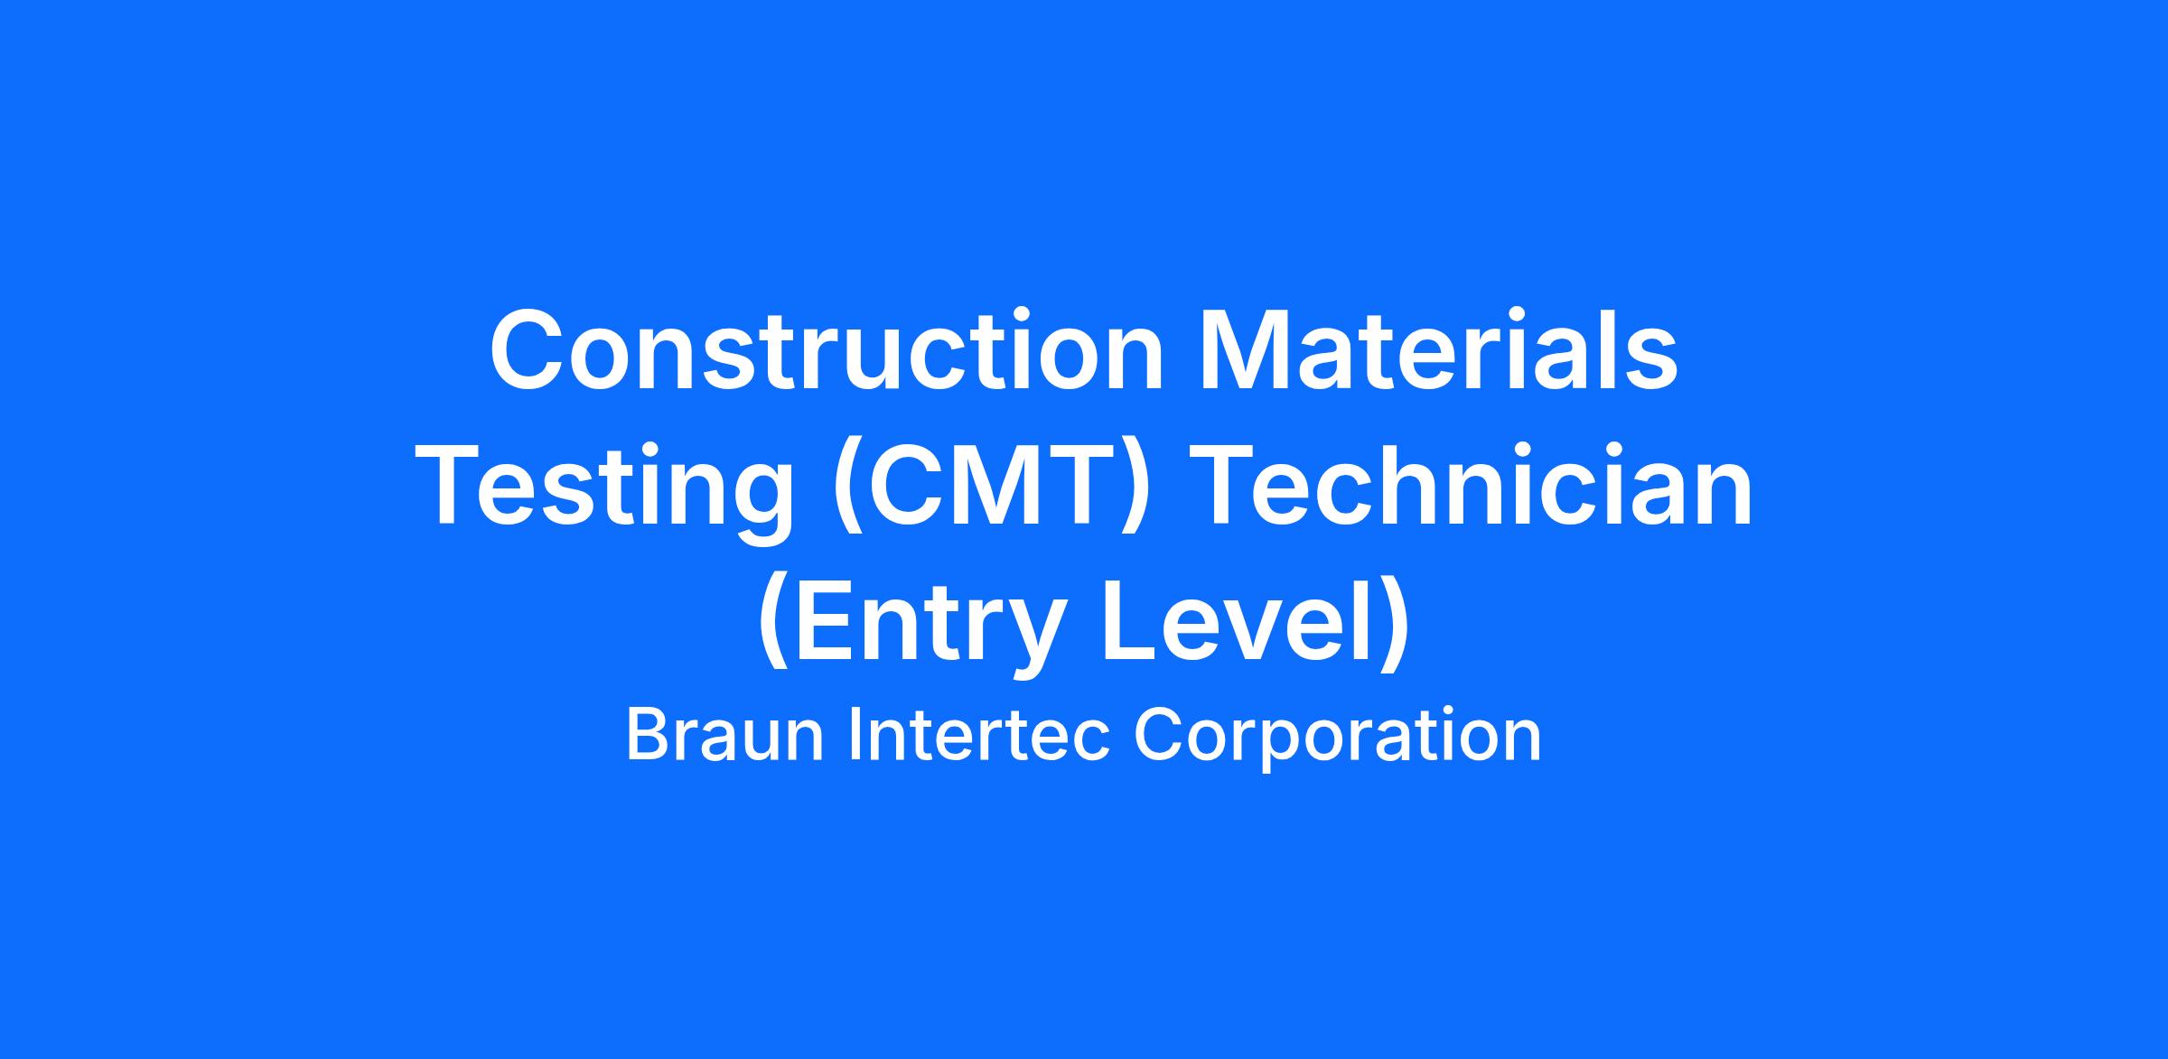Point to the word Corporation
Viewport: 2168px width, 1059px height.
(x=1337, y=739)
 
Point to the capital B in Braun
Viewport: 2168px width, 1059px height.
(x=647, y=736)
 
